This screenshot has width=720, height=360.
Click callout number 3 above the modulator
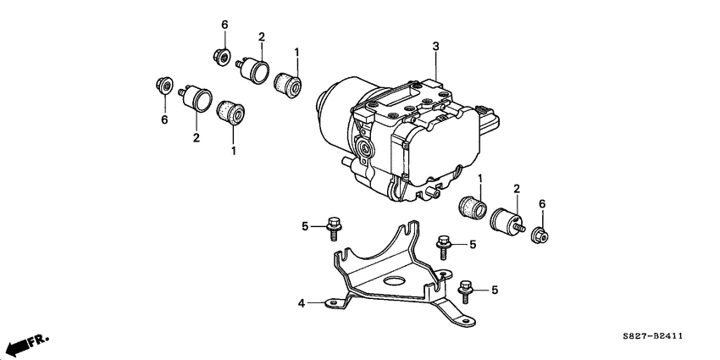(435, 47)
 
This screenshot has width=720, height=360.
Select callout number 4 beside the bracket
(301, 302)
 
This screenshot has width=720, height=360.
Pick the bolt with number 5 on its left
(332, 225)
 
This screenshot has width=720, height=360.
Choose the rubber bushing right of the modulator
(469, 208)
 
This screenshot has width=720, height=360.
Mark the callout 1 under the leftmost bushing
(233, 150)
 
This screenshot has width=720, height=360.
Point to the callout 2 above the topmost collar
(261, 37)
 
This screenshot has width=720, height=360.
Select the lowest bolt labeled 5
(465, 291)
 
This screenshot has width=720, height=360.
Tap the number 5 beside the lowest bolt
(495, 291)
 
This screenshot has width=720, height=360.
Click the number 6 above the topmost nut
(224, 26)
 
